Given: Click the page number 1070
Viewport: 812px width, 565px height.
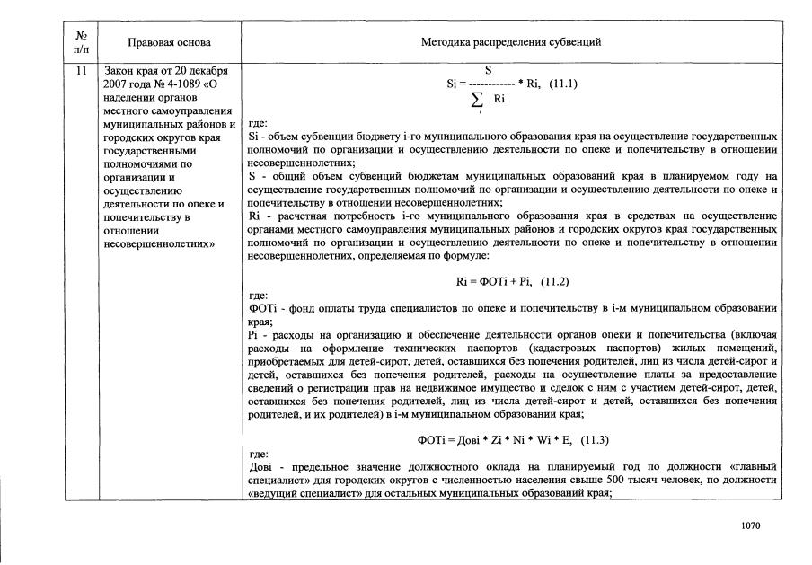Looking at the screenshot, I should [x=751, y=525].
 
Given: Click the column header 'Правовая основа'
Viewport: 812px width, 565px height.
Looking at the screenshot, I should [x=170, y=42].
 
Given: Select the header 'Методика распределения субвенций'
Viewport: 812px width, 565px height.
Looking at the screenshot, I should [x=511, y=42].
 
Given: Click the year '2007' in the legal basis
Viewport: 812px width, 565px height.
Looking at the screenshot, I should [x=118, y=84].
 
